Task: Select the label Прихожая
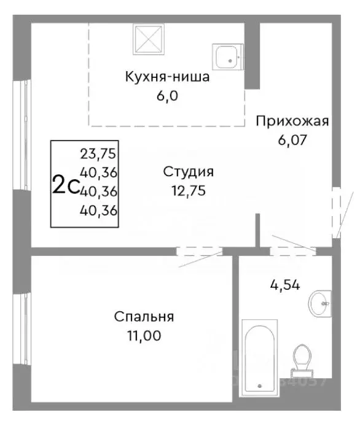(292, 121)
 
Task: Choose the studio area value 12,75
(189, 190)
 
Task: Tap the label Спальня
(144, 317)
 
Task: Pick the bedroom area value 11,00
(144, 336)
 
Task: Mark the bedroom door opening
(198, 251)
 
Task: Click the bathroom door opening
(292, 251)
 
